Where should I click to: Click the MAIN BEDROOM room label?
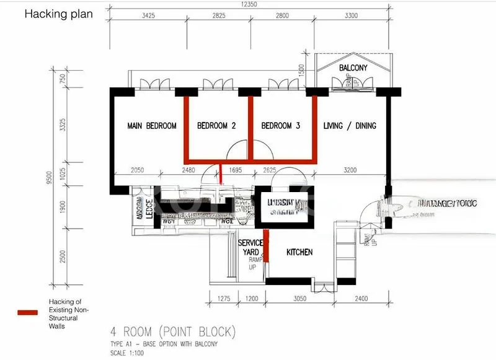152,126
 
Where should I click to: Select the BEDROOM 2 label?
216,126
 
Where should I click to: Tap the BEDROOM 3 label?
281,126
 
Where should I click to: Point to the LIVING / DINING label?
350,126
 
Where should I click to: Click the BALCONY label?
353,68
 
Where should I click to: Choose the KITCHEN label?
299,252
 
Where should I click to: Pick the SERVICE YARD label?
251,247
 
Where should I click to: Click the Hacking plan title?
58,14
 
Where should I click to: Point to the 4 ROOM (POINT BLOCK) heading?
172,331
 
